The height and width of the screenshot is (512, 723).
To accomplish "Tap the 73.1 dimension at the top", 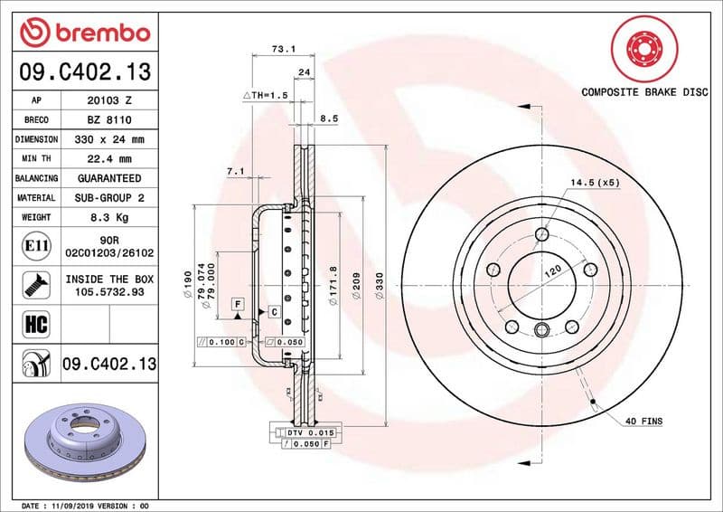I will [283, 49].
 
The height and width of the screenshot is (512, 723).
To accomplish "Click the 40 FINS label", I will [643, 421].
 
